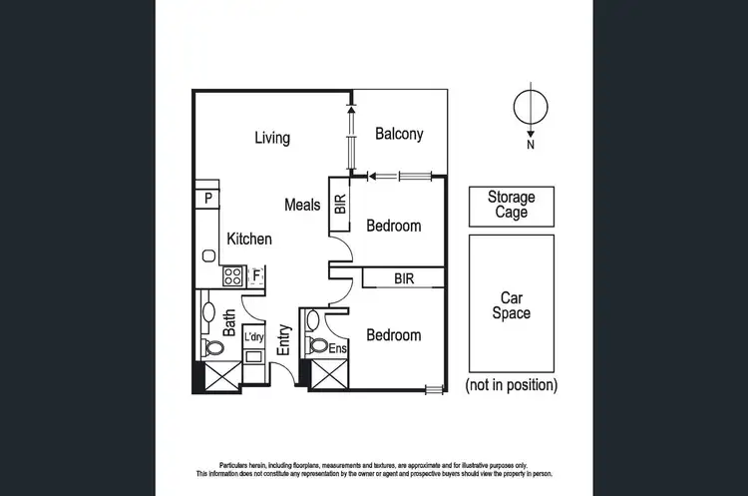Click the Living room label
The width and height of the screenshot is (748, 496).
pyautogui.click(x=271, y=138)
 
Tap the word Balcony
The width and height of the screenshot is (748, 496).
pyautogui.click(x=399, y=134)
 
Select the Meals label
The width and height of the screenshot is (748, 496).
pyautogui.click(x=302, y=205)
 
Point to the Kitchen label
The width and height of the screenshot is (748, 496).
pyautogui.click(x=249, y=240)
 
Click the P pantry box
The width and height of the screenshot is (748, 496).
pyautogui.click(x=207, y=199)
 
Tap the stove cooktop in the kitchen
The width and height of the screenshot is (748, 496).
pyautogui.click(x=232, y=275)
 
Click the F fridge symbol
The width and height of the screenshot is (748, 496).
pyautogui.click(x=256, y=275)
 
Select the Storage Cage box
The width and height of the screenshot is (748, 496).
pyautogui.click(x=511, y=206)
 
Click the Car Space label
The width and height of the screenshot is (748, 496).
pyautogui.click(x=511, y=305)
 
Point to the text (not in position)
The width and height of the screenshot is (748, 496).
pyautogui.click(x=512, y=384)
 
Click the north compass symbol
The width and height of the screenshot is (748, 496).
pyautogui.click(x=531, y=107)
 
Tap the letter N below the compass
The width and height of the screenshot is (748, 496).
pyautogui.click(x=531, y=145)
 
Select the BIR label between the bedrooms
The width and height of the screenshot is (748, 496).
pyautogui.click(x=403, y=278)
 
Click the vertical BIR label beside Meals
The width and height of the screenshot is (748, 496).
pyautogui.click(x=341, y=206)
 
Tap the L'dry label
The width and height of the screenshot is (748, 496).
pyautogui.click(x=254, y=336)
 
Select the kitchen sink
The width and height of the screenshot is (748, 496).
pyautogui.click(x=208, y=255)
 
